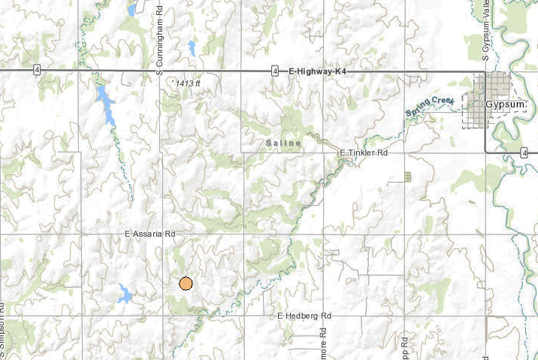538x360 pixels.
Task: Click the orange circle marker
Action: pos(186,283)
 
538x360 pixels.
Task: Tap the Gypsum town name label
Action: pos(503,104)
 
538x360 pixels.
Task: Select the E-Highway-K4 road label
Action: pos(315,71)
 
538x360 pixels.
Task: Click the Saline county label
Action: pos(283,143)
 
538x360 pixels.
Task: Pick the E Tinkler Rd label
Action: pos(364,153)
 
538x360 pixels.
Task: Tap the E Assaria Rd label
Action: pos(150,234)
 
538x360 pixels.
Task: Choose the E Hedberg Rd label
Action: pos(304,316)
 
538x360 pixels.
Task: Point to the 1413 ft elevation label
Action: pos(187,83)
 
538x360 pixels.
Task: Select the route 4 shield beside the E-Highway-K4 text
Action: pos(276,71)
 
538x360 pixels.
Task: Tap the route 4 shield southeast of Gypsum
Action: pos(522,153)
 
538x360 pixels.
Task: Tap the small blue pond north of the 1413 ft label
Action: pos(192,49)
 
